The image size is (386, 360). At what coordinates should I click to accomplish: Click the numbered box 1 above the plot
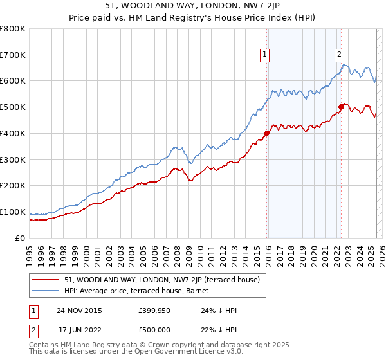265,55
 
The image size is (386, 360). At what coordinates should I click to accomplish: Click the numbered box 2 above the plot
340,55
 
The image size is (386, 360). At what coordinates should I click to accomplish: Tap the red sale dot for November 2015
267,133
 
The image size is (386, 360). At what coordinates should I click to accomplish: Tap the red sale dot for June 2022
342,107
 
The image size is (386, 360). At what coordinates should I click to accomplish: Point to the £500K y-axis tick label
13,107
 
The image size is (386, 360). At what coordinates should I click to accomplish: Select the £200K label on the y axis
13,185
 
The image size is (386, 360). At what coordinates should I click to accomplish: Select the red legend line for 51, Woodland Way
45,280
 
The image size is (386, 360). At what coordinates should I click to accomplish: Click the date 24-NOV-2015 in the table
79,310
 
